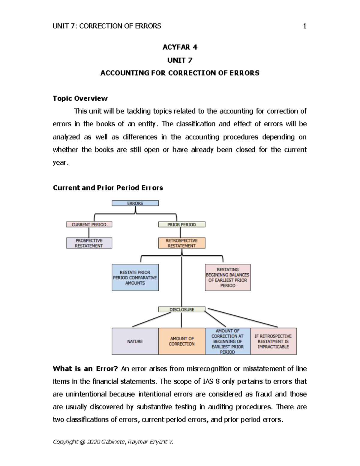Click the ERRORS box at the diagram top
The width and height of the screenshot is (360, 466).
coord(135,203)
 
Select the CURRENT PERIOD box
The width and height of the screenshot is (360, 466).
coord(89,224)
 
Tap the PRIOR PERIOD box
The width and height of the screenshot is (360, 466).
coord(182,224)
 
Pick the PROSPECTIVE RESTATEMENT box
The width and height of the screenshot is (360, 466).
coord(89,243)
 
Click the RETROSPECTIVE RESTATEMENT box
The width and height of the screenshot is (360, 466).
coord(182,243)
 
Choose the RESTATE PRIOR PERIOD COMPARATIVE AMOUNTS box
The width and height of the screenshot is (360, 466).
coord(135,278)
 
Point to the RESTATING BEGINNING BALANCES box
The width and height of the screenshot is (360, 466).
coord(228,278)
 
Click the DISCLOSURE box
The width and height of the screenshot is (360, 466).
coord(182,309)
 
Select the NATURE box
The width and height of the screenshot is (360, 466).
coord(135,341)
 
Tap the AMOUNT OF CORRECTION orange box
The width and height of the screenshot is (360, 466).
coord(182,341)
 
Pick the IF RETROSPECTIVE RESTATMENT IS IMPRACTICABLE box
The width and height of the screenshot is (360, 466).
coord(273,341)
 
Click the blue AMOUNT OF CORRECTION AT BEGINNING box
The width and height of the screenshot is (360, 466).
coord(228,341)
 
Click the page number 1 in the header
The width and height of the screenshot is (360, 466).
coord(305,26)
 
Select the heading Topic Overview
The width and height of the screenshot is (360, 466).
coord(80,98)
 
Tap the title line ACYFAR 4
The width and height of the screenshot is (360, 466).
coord(180,47)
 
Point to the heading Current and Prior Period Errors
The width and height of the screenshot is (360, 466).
coord(108,188)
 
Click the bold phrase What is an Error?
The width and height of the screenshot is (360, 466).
coord(85,369)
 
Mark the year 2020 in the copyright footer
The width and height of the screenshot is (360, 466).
coord(94,442)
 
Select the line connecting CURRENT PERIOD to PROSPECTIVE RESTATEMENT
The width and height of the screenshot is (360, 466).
coord(89,233)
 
